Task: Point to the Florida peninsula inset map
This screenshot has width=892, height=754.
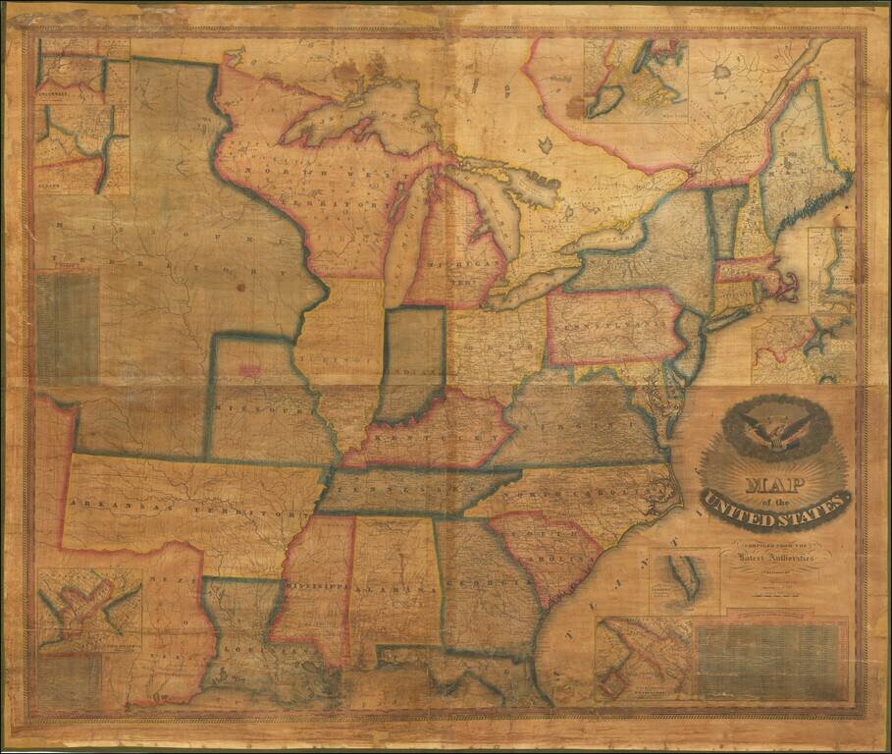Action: [684, 580]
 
